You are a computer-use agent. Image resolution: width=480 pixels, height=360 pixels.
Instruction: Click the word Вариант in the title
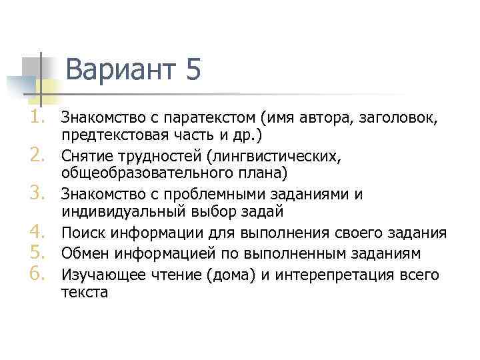[x=119, y=69]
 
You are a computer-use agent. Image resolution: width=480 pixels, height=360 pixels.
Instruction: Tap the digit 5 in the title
[x=193, y=69]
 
